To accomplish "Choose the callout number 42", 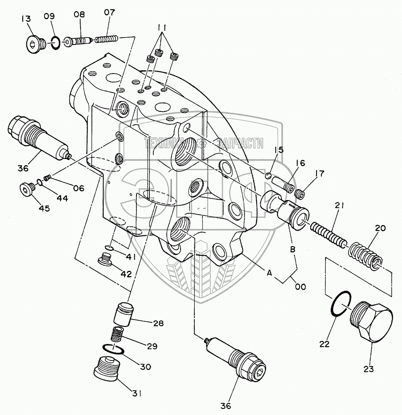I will pos(126,274).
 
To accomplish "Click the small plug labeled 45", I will pos(27,189).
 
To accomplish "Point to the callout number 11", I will pos(162,27).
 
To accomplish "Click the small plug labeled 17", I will pos(300,194).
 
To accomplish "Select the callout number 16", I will pos(300,164).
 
